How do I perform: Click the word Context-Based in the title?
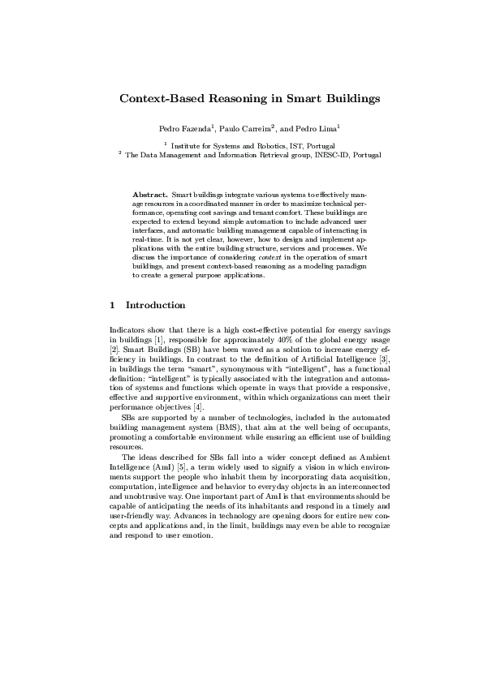coord(157,99)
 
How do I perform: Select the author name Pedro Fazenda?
coord(185,129)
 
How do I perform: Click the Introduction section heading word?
coord(156,305)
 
